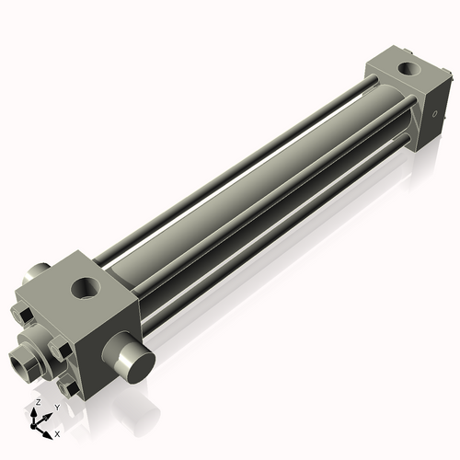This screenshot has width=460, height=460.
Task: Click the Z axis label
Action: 37,403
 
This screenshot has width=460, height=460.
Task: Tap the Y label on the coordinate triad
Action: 56,407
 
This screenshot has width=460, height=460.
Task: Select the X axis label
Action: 58,432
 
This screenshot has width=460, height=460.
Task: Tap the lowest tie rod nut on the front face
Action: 66,390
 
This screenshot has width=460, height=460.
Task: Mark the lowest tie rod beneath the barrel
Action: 276,248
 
